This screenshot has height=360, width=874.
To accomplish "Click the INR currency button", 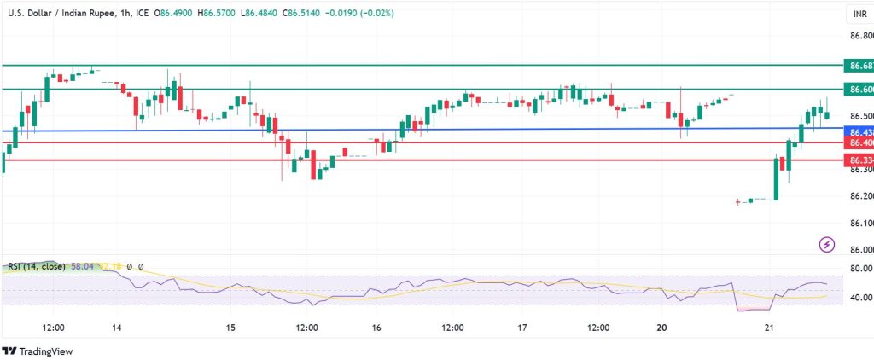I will click(x=858, y=15).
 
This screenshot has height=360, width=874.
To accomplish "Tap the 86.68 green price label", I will click(x=858, y=66).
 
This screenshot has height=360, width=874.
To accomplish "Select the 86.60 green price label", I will click(x=858, y=90).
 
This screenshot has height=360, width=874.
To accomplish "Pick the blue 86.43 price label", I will click(x=858, y=132).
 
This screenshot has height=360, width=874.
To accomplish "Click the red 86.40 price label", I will click(x=858, y=143).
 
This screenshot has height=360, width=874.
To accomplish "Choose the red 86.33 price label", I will click(x=858, y=160).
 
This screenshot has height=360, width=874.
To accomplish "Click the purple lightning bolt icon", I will click(x=826, y=245).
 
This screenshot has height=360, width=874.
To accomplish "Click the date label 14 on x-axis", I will click(x=116, y=328).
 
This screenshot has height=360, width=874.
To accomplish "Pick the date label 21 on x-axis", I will click(x=767, y=328).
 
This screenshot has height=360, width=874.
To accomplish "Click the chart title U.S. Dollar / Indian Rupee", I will click(x=60, y=14).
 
